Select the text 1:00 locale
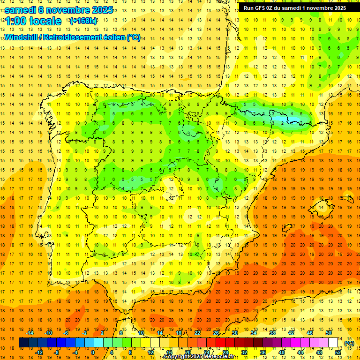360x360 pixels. [32, 21]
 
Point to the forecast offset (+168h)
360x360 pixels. [83, 21]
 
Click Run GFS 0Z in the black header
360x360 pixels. [262, 8]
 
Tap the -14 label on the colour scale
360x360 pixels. [30, 333]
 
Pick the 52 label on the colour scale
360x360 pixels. [338, 352]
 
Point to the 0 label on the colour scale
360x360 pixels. [93, 352]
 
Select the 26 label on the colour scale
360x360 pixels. [216, 333]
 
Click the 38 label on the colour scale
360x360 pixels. [272, 333]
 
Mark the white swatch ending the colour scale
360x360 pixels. [333, 343]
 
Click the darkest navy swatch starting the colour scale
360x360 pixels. [23, 343]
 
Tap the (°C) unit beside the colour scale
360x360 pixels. [349, 343]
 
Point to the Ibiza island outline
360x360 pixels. [285, 228]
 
